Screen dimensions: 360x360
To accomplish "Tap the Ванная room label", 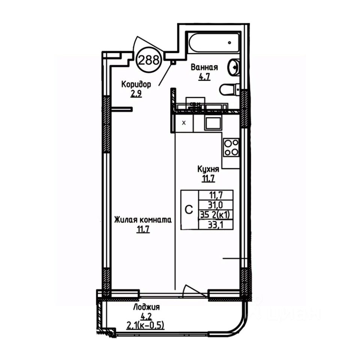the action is (x=204, y=68).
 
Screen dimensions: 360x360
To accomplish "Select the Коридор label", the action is (x=136, y=85).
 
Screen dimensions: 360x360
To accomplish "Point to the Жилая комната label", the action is (x=143, y=220).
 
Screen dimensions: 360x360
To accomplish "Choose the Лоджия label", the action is (x=147, y=307).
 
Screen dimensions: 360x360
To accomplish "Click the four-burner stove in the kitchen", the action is (x=231, y=147).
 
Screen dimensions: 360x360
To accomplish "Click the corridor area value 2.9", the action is (x=136, y=94).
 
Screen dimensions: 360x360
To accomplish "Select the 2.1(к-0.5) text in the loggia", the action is (x=146, y=325).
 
